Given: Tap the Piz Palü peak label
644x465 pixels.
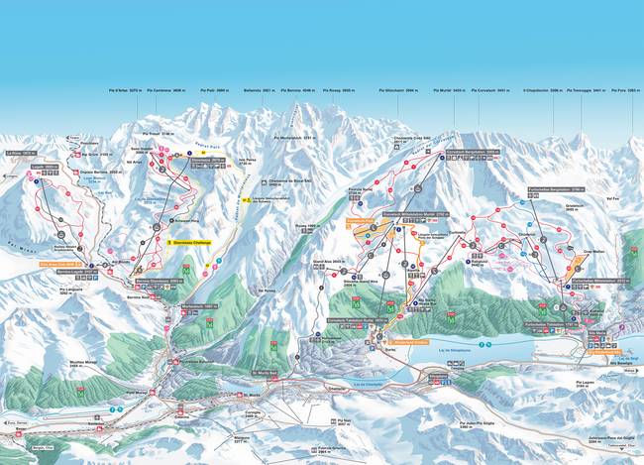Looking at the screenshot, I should coord(228,90).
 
